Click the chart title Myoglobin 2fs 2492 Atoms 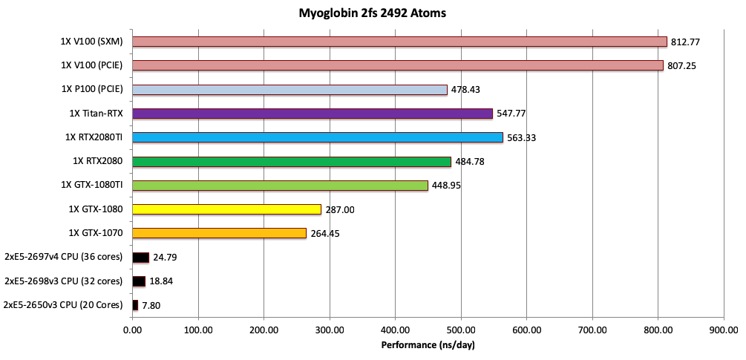point(373,13)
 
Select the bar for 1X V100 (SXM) point(399,42)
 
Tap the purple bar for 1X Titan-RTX point(312,114)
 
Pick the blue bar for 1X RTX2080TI point(317,137)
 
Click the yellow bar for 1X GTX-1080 point(226,209)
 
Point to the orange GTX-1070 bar point(219,233)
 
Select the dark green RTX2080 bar point(291,161)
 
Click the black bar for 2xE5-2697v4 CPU point(140,258)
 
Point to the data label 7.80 point(154,306)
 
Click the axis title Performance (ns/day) point(428,345)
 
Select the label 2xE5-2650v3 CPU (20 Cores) point(63,305)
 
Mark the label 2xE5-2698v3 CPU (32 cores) point(63,281)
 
